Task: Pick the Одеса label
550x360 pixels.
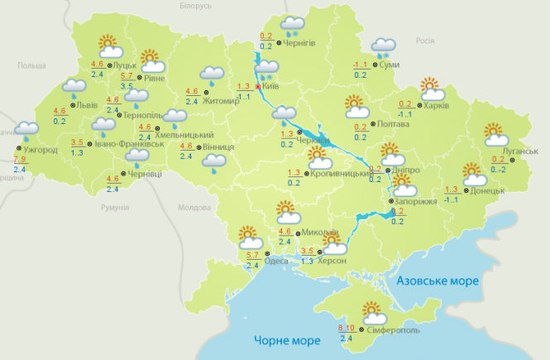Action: pyautogui.click(x=277, y=262)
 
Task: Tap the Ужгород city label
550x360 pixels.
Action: pyautogui.click(x=40, y=151)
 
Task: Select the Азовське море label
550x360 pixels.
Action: pyautogui.click(x=438, y=281)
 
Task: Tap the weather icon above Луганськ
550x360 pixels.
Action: pyautogui.click(x=495, y=134)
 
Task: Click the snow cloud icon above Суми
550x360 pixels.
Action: pyautogui.click(x=383, y=47)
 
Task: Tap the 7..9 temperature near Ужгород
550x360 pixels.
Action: pyautogui.click(x=22, y=159)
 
